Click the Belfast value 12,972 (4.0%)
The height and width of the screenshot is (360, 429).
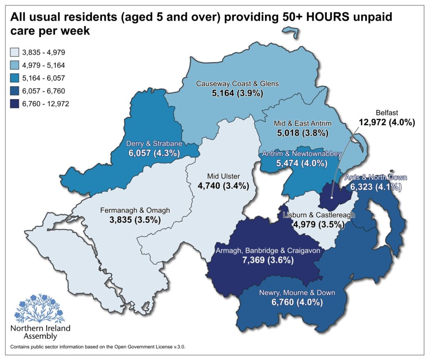[x=387, y=123]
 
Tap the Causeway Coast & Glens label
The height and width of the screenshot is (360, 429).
[x=238, y=84]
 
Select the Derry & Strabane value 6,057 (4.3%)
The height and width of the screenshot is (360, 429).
[x=154, y=153]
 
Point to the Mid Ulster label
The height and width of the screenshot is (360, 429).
[x=223, y=176]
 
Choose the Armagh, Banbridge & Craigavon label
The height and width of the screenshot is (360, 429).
[x=268, y=251]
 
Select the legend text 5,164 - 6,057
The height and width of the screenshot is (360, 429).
[x=44, y=78]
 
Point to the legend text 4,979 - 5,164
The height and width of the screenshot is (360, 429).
[x=44, y=65]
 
